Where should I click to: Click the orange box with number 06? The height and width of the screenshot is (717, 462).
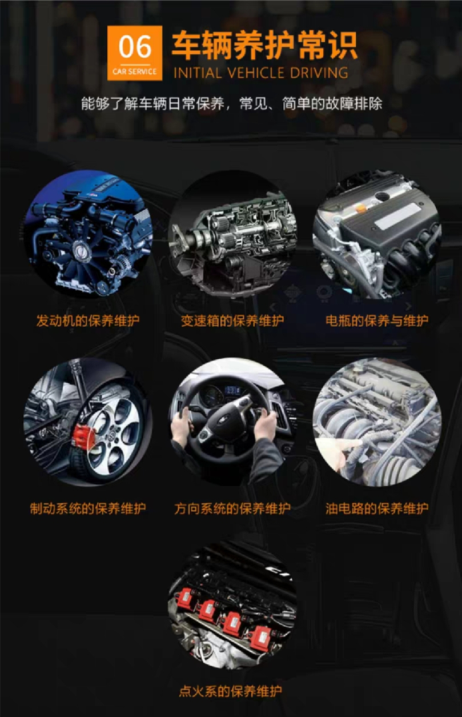(x=135, y=52)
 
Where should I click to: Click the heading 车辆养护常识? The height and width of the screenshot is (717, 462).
(x=265, y=45)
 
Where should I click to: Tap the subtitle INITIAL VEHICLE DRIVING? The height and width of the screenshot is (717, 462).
(x=260, y=73)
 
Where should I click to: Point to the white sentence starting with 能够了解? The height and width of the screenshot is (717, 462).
(x=231, y=104)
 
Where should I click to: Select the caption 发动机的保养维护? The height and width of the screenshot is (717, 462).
(x=88, y=321)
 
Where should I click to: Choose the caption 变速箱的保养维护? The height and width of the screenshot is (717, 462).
(x=232, y=321)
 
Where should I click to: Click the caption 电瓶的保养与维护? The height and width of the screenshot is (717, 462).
(x=376, y=321)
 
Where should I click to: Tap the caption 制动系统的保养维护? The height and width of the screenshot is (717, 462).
(x=88, y=508)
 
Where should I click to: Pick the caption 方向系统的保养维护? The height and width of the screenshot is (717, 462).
(x=232, y=508)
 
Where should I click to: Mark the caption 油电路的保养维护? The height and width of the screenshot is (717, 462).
(x=376, y=508)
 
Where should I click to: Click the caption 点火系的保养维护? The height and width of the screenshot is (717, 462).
(x=230, y=691)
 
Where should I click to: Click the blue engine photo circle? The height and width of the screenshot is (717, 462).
(x=89, y=234)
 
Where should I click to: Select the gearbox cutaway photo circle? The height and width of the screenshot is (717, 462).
(x=232, y=234)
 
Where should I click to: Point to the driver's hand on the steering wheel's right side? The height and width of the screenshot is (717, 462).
(x=265, y=422)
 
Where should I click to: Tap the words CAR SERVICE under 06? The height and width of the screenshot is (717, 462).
(x=135, y=72)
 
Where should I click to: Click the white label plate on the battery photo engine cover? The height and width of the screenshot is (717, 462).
(x=398, y=215)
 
